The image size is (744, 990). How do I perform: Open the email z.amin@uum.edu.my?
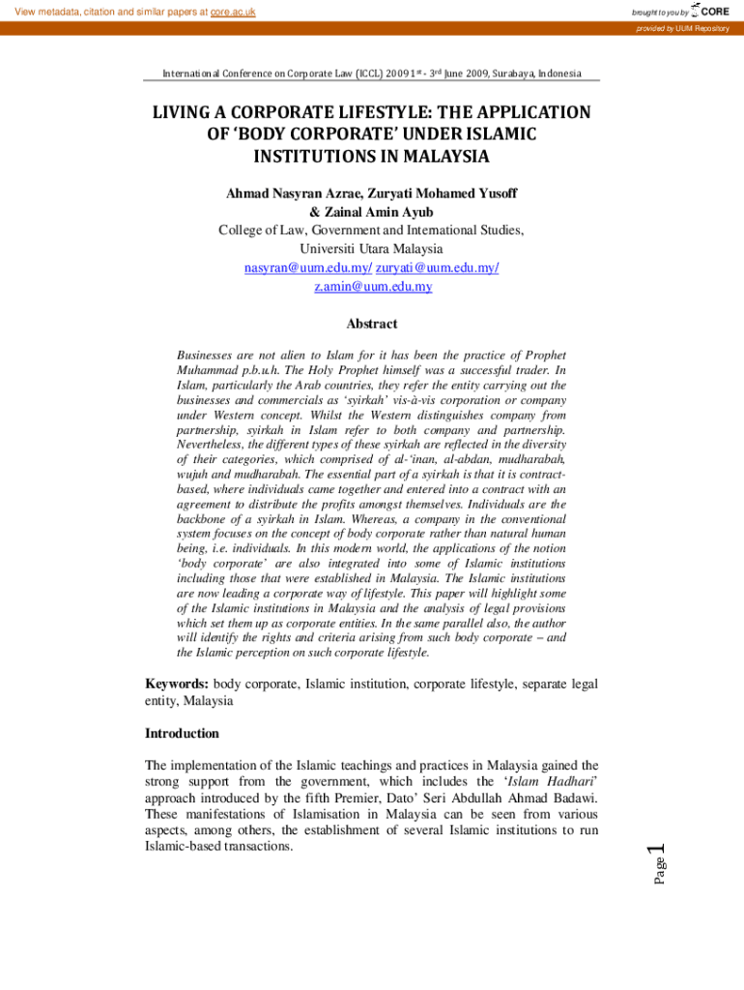click(x=372, y=287)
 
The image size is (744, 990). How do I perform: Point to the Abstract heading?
click(x=372, y=324)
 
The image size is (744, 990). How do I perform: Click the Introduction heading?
click(x=183, y=734)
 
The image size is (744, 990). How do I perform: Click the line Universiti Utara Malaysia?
click(x=372, y=248)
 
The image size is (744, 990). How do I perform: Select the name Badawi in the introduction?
click(x=573, y=799)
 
